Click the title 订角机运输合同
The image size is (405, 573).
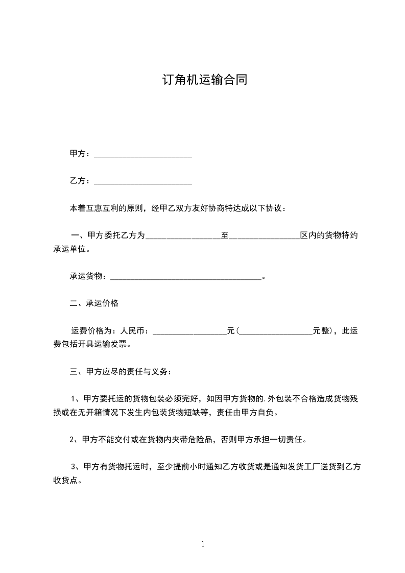(204, 80)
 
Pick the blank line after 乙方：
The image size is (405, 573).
(143, 182)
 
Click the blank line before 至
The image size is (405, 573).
(183, 237)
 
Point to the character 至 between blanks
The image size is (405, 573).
(224, 235)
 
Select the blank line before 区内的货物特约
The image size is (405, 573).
(265, 237)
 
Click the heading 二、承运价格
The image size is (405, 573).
(94, 303)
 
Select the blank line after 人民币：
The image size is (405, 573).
(190, 332)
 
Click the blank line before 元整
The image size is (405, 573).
(276, 332)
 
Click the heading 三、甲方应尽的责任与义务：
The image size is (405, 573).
(122, 372)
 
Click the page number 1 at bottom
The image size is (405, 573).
(203, 544)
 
